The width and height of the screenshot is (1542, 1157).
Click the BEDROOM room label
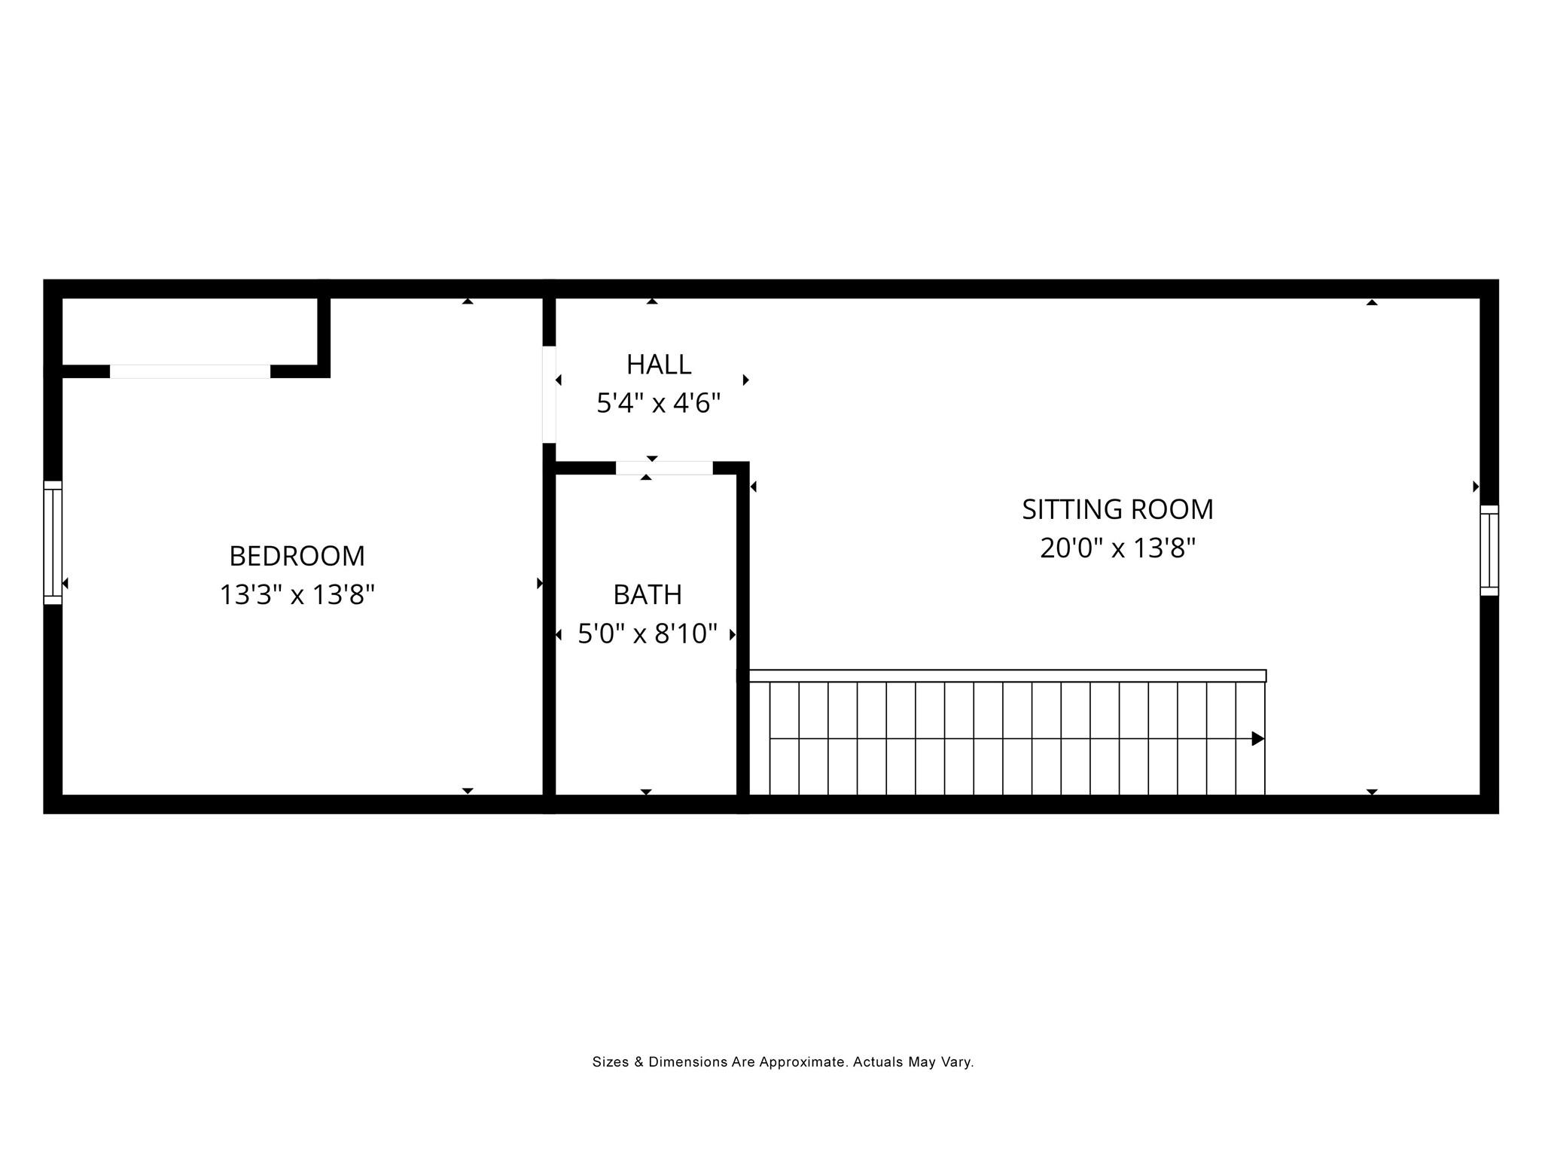(x=297, y=556)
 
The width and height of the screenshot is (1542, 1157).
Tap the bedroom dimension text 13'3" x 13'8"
(x=297, y=595)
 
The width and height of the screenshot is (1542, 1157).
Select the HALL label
(x=659, y=365)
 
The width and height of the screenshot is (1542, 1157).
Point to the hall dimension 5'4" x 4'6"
(x=659, y=404)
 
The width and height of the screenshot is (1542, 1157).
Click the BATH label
(x=648, y=595)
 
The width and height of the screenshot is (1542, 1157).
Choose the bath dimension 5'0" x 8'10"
(x=648, y=634)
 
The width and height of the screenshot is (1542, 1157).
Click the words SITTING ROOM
(x=1117, y=509)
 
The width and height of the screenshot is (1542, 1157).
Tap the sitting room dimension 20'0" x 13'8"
(x=1117, y=548)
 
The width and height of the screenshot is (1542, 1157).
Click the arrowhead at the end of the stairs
(x=1257, y=739)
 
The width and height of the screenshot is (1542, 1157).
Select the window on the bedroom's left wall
(x=53, y=542)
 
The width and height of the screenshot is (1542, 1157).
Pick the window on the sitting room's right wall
(x=1489, y=550)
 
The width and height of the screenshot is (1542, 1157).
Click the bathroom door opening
(x=664, y=468)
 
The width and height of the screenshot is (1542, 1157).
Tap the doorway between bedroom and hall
(x=549, y=394)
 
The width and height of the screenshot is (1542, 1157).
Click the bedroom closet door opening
(x=190, y=371)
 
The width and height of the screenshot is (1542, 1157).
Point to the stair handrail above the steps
(x=1007, y=676)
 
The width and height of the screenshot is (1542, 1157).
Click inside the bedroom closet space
(x=188, y=331)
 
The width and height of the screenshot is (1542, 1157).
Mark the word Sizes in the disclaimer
(x=610, y=1062)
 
